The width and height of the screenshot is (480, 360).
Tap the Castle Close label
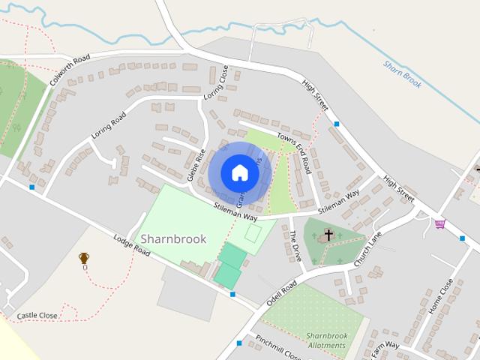tap(37, 316)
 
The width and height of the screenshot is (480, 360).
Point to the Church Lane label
tap(368, 249)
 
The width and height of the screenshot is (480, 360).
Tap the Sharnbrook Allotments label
tap(326, 340)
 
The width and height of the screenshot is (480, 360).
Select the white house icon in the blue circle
tap(239, 173)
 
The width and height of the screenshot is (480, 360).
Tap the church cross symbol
tap(328, 236)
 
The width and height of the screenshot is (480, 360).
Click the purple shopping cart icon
tap(440, 223)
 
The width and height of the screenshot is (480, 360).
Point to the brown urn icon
tap(84, 259)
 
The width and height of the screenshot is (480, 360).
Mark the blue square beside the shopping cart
tap(462, 238)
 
